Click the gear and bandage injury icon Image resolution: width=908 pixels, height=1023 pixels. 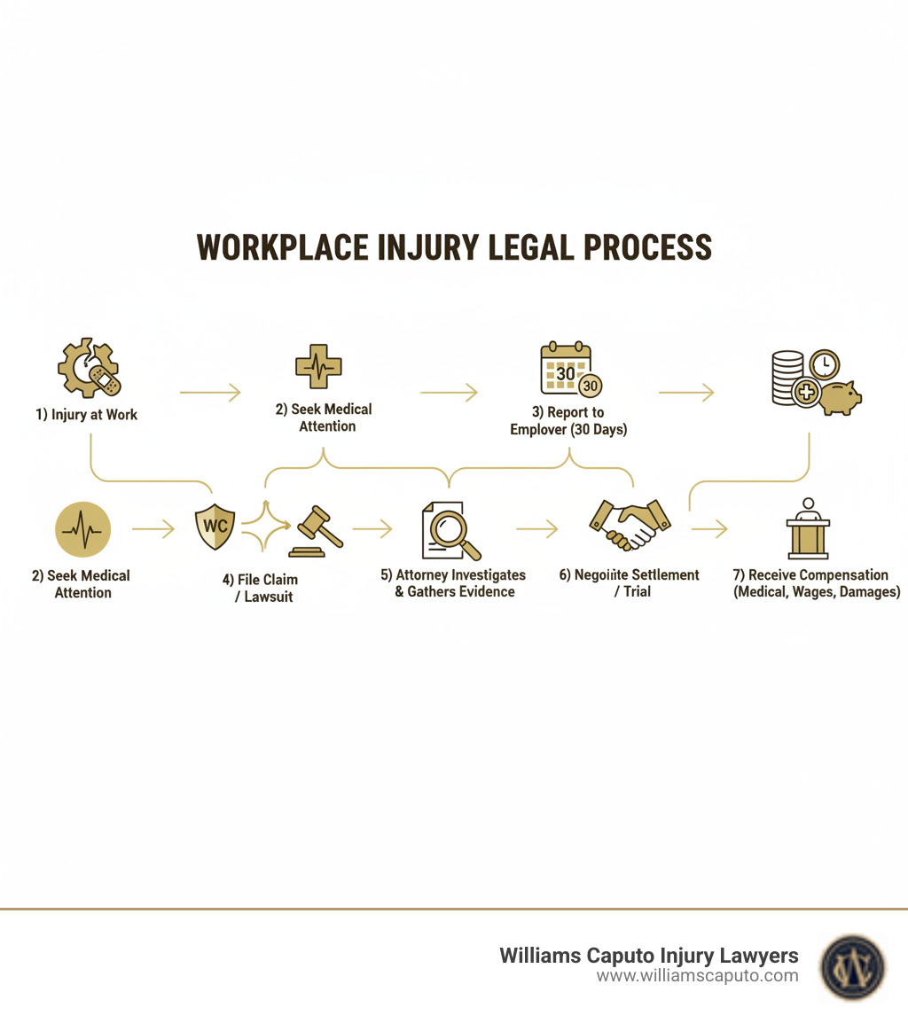click(90, 368)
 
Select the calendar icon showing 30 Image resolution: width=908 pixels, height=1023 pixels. click(567, 369)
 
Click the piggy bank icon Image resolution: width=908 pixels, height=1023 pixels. click(840, 397)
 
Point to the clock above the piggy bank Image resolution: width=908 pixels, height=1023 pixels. click(824, 364)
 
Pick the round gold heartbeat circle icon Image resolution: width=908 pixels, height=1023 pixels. click(82, 530)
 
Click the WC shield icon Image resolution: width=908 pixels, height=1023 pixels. click(215, 526)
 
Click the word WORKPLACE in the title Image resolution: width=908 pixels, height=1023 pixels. click(282, 247)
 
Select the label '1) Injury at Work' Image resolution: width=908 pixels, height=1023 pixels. click(87, 415)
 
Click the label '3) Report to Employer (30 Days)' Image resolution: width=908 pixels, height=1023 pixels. click(568, 421)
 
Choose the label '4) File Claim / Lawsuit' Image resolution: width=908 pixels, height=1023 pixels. click(260, 588)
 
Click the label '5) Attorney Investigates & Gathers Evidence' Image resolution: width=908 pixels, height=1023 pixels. click(453, 583)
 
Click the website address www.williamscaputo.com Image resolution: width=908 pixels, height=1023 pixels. click(697, 976)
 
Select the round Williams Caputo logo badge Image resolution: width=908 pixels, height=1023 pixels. click(852, 965)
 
